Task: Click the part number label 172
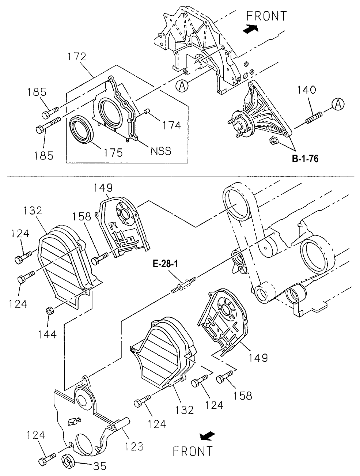click(76, 57)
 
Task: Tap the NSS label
click(161, 151)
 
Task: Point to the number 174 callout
click(172, 125)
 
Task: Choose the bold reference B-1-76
click(305, 159)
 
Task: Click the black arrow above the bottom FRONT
click(207, 436)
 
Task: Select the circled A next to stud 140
click(338, 104)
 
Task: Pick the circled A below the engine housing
click(182, 86)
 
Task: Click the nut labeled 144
click(48, 311)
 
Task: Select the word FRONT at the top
click(267, 16)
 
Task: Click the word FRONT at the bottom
click(193, 451)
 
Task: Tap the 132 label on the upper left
click(33, 211)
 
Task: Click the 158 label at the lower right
click(243, 395)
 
